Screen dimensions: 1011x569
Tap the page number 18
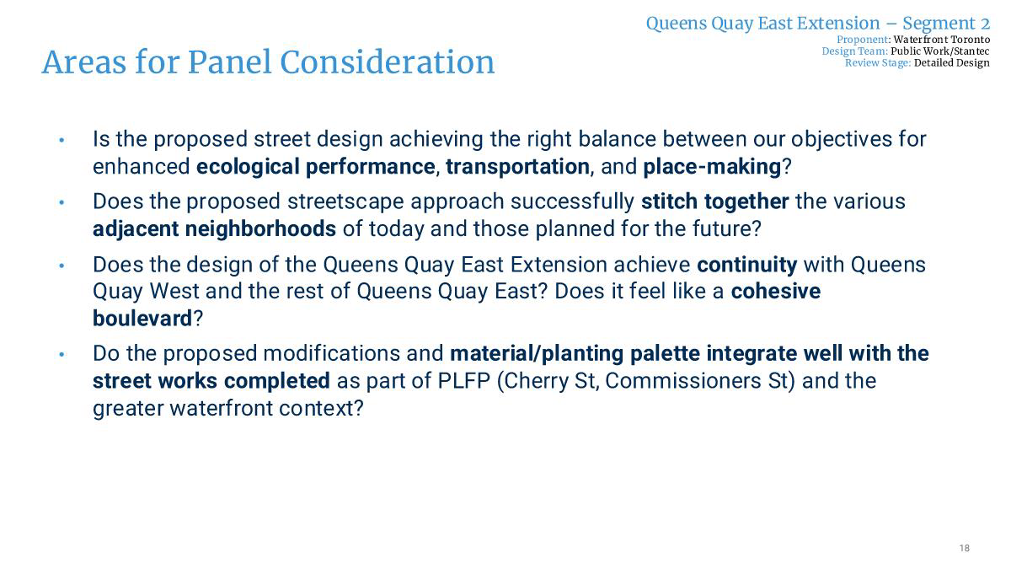[964, 548]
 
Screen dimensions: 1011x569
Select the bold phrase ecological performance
[315, 167]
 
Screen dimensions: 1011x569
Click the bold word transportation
[517, 167]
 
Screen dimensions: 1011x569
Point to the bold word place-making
[712, 167]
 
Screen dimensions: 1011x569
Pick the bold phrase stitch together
[715, 201]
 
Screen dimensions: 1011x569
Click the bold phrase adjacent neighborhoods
[214, 229]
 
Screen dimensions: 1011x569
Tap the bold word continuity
[747, 265]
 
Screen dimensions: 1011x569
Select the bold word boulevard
[142, 319]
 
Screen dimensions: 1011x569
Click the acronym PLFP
[464, 381]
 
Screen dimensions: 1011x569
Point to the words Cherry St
[551, 381]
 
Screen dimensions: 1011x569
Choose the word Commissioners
[683, 381]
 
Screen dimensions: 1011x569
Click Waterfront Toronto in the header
[942, 40]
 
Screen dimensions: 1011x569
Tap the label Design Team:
[855, 51]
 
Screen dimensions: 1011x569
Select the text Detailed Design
[952, 62]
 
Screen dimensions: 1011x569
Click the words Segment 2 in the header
[946, 24]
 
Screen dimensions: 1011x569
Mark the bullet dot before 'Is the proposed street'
[62, 140]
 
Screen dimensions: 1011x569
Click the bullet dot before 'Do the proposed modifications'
[62, 355]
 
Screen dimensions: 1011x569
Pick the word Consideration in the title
[388, 62]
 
